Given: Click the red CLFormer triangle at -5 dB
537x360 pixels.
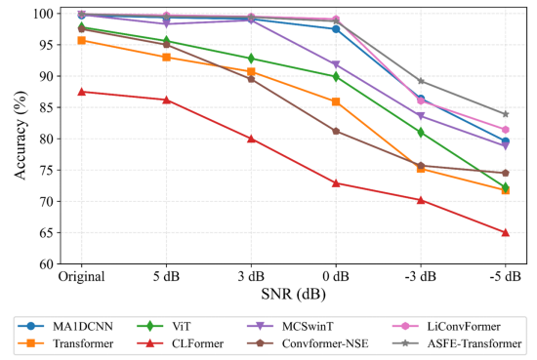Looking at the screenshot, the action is point(505,233).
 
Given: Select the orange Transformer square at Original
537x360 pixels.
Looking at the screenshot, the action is point(81,40).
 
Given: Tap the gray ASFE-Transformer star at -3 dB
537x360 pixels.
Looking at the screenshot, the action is point(421,81).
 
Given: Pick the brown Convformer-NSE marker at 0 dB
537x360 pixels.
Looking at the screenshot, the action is point(336,131).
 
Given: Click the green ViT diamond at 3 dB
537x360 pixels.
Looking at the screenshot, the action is point(251,59).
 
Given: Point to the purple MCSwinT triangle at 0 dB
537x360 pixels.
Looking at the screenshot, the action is point(336,64).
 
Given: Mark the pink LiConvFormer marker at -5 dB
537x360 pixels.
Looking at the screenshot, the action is point(505,130).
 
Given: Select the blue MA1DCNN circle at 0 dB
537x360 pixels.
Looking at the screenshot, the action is point(336,29).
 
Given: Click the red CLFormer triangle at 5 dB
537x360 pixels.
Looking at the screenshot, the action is point(166,100).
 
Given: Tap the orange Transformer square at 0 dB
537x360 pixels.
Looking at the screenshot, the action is point(336,101).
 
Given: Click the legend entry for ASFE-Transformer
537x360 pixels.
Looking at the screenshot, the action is point(457,343).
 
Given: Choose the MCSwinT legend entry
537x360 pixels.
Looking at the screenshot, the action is point(290,326).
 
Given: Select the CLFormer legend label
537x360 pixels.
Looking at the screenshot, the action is point(197,343).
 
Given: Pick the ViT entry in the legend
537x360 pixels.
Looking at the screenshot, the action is point(163,326).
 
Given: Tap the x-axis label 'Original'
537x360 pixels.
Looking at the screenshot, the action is point(81,276).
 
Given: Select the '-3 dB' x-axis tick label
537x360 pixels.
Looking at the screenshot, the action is point(421,276).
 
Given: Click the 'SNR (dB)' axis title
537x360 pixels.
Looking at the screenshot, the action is point(293,294).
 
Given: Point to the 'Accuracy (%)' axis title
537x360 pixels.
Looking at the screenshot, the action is point(21,136).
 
